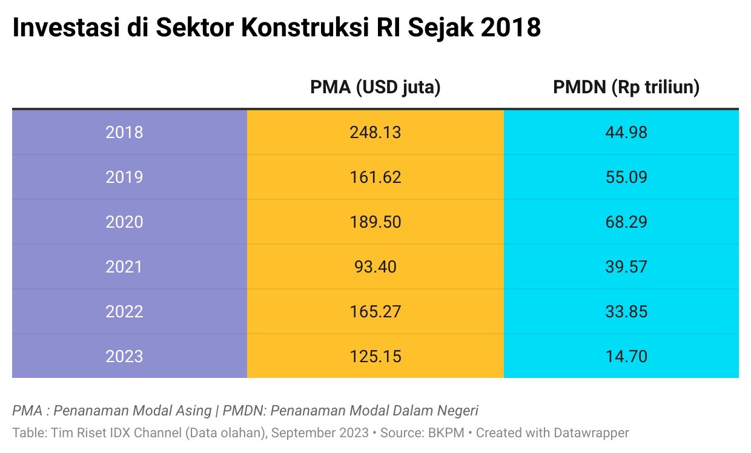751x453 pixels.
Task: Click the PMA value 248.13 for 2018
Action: (375, 132)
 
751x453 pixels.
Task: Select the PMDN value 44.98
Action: (626, 132)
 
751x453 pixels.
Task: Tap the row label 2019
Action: (124, 177)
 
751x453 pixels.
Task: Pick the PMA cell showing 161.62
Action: (375, 177)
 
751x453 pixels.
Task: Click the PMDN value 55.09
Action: (626, 177)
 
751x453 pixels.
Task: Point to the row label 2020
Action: (124, 222)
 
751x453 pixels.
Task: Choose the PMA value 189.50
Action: (375, 222)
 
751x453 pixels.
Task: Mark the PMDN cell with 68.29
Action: (626, 222)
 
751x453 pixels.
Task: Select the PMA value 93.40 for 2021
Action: (375, 266)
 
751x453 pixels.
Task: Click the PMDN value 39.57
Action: (626, 266)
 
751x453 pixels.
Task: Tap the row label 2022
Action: (124, 311)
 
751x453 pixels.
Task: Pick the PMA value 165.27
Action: (375, 311)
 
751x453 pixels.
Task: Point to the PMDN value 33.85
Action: (626, 311)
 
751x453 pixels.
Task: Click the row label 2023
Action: (124, 356)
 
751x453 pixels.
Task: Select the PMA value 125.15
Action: (375, 356)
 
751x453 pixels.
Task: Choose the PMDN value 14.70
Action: (626, 356)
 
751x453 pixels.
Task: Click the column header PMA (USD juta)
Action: (375, 87)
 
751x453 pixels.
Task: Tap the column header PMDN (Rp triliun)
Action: (626, 87)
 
